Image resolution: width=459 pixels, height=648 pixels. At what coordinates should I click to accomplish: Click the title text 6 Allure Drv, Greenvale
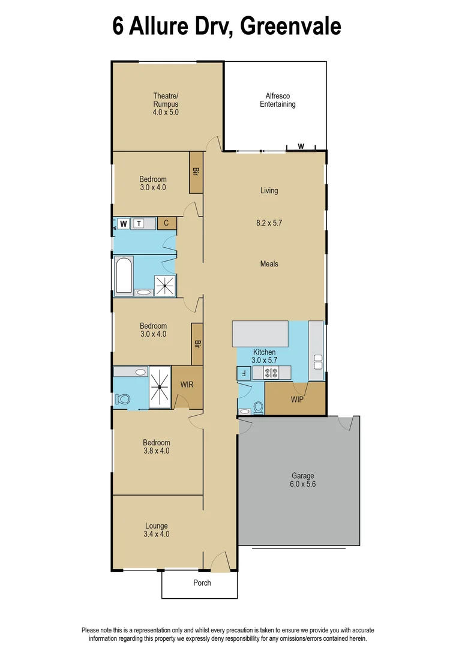(227, 26)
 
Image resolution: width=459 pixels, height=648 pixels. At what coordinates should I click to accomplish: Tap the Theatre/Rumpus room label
(166, 104)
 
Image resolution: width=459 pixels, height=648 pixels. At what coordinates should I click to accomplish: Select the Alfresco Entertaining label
(277, 100)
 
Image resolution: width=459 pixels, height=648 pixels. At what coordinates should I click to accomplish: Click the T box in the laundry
(139, 224)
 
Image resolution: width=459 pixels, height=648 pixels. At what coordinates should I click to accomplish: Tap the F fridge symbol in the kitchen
(243, 373)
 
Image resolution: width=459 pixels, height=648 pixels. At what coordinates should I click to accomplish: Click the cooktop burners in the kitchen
(271, 373)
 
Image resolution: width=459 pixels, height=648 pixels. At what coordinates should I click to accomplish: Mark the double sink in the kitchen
(317, 362)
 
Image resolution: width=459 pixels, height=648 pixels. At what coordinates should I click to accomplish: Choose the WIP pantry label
(296, 399)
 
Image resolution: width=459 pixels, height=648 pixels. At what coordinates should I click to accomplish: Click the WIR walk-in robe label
(187, 385)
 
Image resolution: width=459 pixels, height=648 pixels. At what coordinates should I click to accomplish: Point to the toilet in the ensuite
(124, 398)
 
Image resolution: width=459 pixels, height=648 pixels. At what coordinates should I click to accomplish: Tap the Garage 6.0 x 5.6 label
(303, 480)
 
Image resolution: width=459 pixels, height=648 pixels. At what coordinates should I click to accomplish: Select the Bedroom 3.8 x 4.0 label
(156, 446)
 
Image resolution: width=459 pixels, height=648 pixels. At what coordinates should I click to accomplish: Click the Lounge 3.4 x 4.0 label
(156, 530)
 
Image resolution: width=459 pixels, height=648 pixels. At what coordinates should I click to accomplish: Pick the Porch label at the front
(202, 583)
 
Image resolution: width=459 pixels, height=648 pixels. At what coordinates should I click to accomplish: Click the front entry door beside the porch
(219, 563)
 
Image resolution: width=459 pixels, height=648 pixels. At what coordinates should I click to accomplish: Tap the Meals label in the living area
(269, 264)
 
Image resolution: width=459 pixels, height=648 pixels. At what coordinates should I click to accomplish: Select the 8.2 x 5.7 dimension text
(269, 223)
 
